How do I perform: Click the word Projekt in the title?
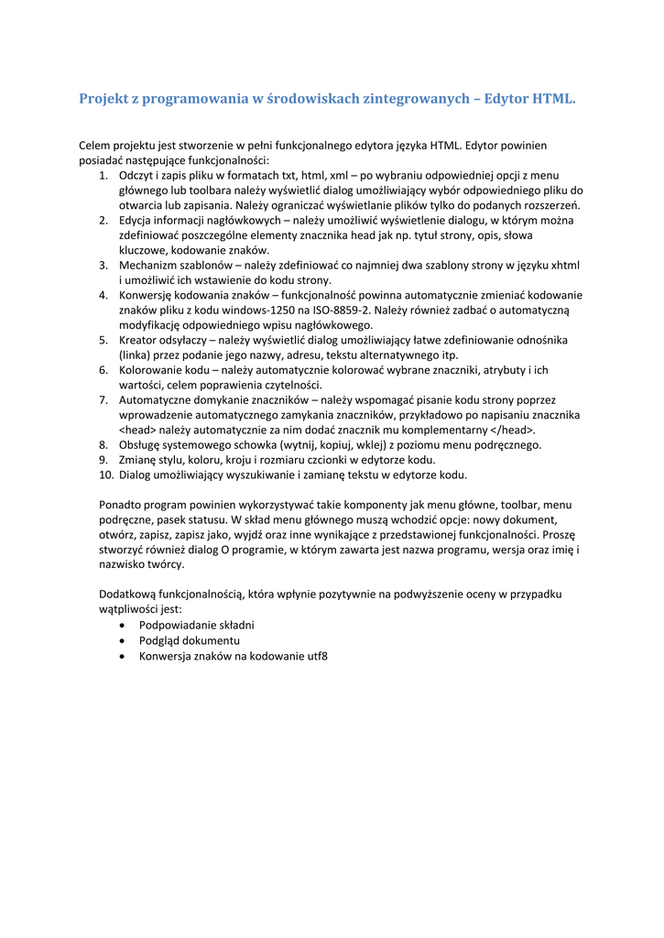(x=104, y=98)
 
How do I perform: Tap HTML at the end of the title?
(x=554, y=98)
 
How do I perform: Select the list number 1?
(x=103, y=175)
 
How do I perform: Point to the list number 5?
(x=103, y=340)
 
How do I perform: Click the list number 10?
(x=105, y=474)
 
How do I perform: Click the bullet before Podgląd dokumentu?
(x=123, y=640)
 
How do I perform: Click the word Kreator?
(x=141, y=340)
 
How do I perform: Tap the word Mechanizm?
(x=149, y=265)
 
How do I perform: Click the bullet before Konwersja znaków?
(x=123, y=656)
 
